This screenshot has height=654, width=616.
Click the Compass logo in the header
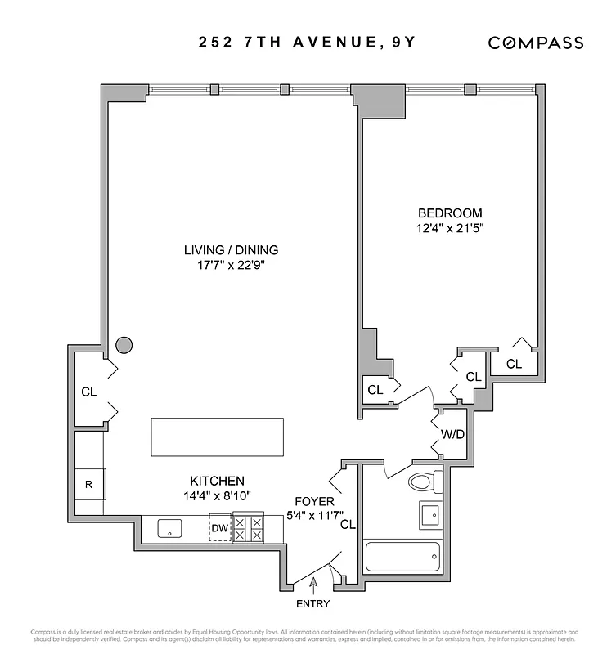click(x=535, y=43)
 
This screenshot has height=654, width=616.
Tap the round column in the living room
click(x=124, y=345)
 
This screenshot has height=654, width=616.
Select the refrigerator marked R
click(x=89, y=483)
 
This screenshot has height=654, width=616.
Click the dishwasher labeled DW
click(x=219, y=529)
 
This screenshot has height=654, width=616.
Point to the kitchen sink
click(x=170, y=529)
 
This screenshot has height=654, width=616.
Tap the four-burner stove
click(x=249, y=529)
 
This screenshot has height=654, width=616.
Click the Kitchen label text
click(x=217, y=482)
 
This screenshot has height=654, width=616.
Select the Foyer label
click(x=313, y=501)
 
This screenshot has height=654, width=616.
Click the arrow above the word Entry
click(x=313, y=583)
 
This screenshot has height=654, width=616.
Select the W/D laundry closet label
click(x=452, y=433)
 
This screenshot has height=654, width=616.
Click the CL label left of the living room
click(x=89, y=392)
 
